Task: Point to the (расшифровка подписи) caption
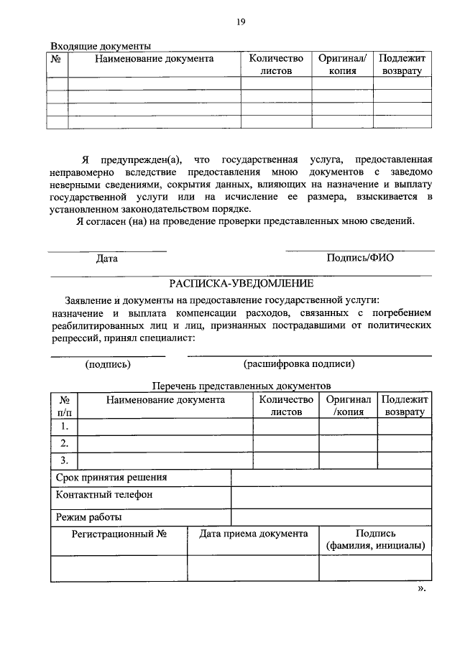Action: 299,363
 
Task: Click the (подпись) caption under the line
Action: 108,363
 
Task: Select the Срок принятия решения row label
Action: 111,478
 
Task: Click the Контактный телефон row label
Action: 103,495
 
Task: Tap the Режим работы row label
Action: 88,516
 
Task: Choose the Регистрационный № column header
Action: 119,534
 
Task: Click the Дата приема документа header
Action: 253,534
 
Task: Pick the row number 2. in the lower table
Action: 64,442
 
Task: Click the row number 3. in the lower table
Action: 64,460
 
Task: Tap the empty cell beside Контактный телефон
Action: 331,496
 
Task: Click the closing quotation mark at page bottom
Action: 422,588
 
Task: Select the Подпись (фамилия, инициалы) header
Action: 375,539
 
